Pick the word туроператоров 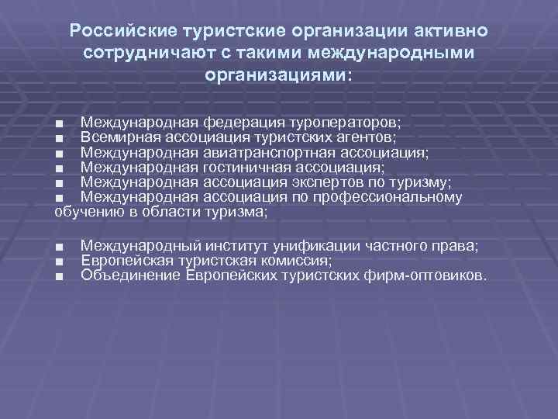click(x=342, y=123)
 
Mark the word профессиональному click(x=398, y=196)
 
